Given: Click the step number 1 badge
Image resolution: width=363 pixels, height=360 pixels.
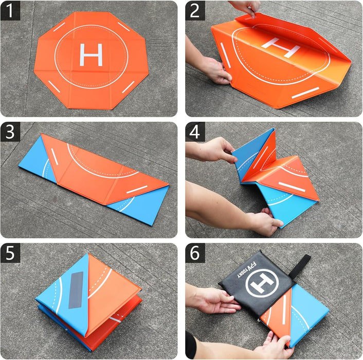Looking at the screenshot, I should click(x=10, y=10).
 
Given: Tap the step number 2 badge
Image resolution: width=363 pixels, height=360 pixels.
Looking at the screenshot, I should click(x=195, y=10).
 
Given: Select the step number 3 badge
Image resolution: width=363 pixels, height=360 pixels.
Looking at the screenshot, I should click(x=10, y=132).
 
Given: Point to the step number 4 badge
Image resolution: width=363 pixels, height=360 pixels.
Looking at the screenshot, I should click(x=195, y=132).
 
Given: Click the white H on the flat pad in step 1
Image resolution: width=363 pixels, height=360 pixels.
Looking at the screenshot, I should click(x=91, y=55).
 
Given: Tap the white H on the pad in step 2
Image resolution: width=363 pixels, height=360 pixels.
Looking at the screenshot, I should click(x=280, y=47).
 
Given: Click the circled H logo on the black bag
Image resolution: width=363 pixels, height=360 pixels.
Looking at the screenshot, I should click(x=261, y=283).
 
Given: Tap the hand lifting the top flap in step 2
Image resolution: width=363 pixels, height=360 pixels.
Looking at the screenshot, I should click(x=246, y=7).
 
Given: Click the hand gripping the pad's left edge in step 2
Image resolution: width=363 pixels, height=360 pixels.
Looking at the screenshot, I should click(x=216, y=69).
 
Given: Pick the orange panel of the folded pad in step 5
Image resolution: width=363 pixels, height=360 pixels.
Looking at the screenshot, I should click(x=113, y=288).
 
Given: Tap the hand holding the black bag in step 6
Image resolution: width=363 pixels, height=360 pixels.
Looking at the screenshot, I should click(x=216, y=301).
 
